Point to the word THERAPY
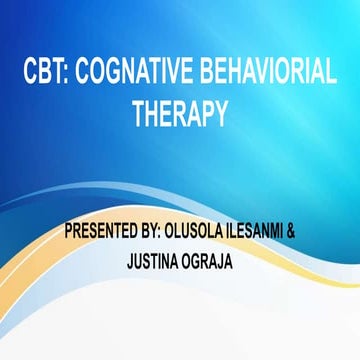click(x=180, y=113)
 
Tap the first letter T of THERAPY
click(x=140, y=113)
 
